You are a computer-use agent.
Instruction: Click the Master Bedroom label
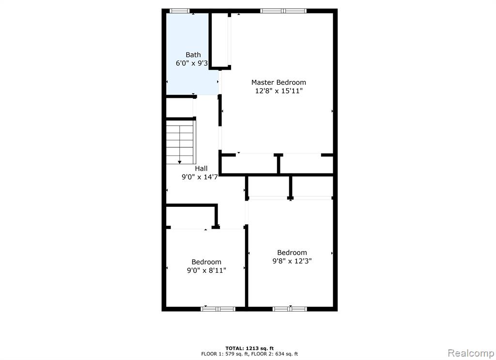click(279, 82)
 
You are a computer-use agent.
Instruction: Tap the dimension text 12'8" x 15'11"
click(279, 91)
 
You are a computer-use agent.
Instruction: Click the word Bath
click(193, 55)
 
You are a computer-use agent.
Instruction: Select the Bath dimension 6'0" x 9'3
click(192, 63)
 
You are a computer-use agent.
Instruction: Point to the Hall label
click(201, 168)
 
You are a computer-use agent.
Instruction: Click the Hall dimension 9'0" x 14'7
click(200, 177)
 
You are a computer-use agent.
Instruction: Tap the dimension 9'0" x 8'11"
click(206, 270)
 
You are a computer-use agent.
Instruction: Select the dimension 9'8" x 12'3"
click(292, 261)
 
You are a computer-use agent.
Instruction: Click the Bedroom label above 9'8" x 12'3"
click(292, 252)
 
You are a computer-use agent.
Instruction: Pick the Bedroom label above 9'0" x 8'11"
click(206, 262)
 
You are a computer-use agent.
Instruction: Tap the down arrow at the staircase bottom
click(180, 162)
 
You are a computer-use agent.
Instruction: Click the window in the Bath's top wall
click(180, 11)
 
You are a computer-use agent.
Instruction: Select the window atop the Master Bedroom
click(283, 11)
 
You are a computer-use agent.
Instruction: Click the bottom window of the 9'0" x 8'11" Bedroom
click(218, 309)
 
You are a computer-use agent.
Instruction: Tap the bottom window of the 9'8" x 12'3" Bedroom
click(290, 309)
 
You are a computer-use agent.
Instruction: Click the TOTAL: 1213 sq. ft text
click(249, 348)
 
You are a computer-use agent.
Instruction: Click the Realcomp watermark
click(471, 353)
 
